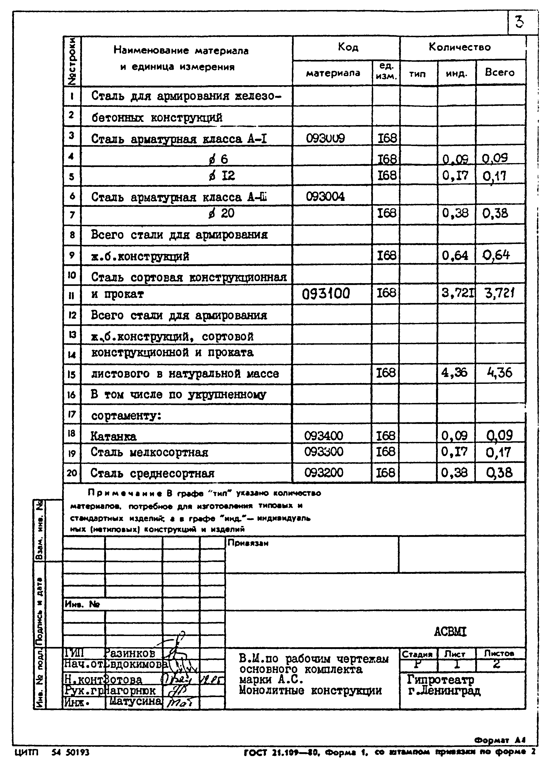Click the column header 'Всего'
pyautogui.click(x=500, y=72)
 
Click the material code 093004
pyautogui.click(x=325, y=197)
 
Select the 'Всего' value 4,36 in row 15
pyautogui.click(x=500, y=373)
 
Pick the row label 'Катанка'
pyautogui.click(x=114, y=437)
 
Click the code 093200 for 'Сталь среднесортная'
pyautogui.click(x=324, y=472)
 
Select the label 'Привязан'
pyautogui.click(x=248, y=543)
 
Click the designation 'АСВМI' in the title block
pyautogui.click(x=450, y=632)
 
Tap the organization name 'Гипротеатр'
pyautogui.click(x=441, y=679)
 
